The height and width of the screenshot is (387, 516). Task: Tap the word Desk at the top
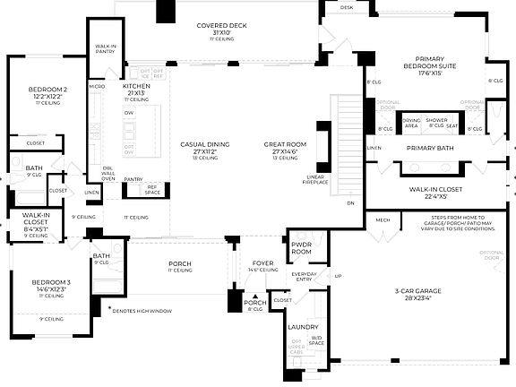[347, 7]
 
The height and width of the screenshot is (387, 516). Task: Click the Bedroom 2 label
[48, 92]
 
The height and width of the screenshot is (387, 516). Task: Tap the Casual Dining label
[204, 148]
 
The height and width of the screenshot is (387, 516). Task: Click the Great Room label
[286, 148]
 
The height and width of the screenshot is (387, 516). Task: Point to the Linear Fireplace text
[315, 180]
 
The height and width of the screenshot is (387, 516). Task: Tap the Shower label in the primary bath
[437, 120]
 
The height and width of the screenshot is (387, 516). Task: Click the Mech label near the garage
[383, 219]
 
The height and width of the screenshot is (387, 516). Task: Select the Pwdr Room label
[301, 248]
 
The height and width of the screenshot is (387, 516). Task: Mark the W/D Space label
[315, 341]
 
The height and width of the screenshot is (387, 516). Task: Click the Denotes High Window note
[158, 311]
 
